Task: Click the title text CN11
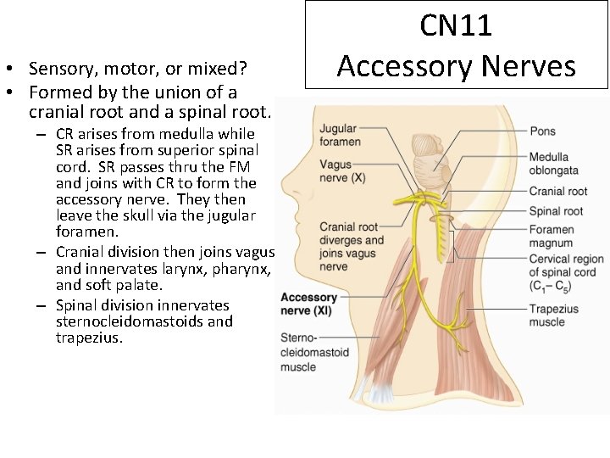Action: (456, 25)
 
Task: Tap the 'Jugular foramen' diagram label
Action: (340, 135)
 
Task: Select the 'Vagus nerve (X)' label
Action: (341, 171)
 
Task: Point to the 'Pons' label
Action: (543, 131)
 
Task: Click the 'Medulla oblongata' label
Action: (549, 164)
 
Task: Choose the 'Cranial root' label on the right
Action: (557, 192)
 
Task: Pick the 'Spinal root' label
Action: (556, 211)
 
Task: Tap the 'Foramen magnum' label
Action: (552, 237)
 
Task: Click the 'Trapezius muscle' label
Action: (553, 316)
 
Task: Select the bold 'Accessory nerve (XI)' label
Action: (309, 304)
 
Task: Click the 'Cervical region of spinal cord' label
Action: (566, 272)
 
